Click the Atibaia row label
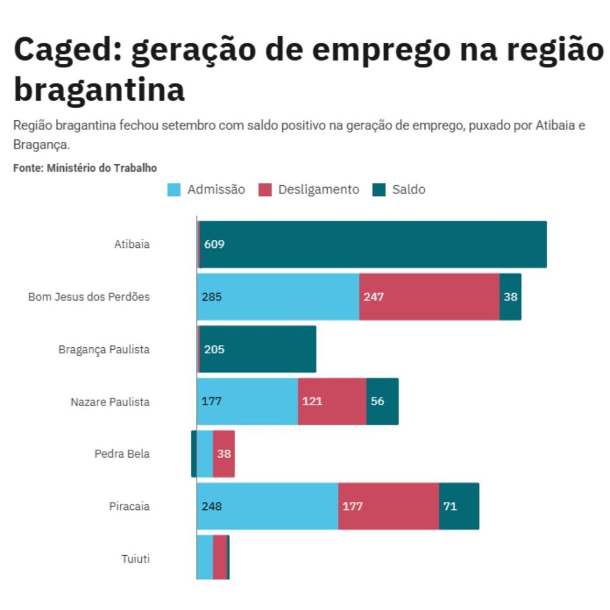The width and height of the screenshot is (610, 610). click(132, 244)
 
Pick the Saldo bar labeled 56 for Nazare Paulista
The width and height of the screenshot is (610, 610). click(382, 402)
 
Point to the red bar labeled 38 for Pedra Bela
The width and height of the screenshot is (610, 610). click(223, 454)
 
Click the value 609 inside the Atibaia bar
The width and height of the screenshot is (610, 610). click(214, 244)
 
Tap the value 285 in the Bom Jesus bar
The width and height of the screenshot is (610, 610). click(211, 297)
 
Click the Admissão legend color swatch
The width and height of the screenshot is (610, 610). click(174, 190)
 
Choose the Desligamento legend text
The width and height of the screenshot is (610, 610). click(319, 190)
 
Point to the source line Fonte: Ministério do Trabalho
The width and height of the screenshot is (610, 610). click(85, 168)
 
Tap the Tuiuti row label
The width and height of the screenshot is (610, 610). click(135, 559)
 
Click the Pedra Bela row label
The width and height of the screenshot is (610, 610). click(122, 454)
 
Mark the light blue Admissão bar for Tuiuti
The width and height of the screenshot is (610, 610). click(205, 558)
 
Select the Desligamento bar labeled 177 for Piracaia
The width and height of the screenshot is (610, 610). click(388, 506)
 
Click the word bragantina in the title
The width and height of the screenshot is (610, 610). click(99, 89)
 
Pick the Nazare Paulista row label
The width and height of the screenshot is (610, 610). click(110, 402)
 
